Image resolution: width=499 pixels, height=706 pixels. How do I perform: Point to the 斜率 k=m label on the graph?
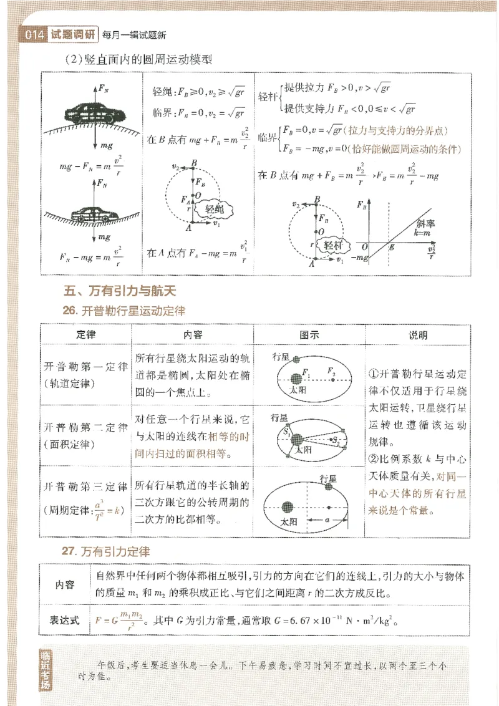(x=426, y=226)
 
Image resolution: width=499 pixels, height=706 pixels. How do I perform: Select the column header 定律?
(x=85, y=334)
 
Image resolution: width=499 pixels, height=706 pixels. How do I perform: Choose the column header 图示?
(x=309, y=334)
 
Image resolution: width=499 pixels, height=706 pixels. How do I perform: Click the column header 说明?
(x=417, y=334)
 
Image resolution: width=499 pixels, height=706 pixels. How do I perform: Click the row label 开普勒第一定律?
(x=85, y=365)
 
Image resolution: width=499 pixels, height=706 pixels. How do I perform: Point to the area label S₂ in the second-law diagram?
(x=335, y=441)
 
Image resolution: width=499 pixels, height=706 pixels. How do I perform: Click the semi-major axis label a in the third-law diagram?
(x=326, y=518)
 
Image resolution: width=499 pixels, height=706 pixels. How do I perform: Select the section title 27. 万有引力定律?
(x=106, y=551)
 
